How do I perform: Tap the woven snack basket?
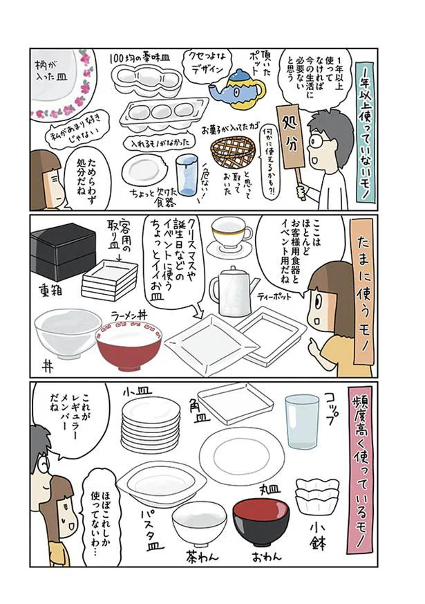click(x=233, y=152)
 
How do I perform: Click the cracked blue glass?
click(x=187, y=174)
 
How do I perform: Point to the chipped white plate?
click(x=145, y=169)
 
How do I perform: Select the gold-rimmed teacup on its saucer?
click(x=230, y=237)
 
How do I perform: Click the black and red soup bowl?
click(x=261, y=522)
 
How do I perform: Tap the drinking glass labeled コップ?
click(x=302, y=421)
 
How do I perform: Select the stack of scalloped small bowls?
click(x=317, y=495)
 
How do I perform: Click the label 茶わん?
click(x=202, y=556)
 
